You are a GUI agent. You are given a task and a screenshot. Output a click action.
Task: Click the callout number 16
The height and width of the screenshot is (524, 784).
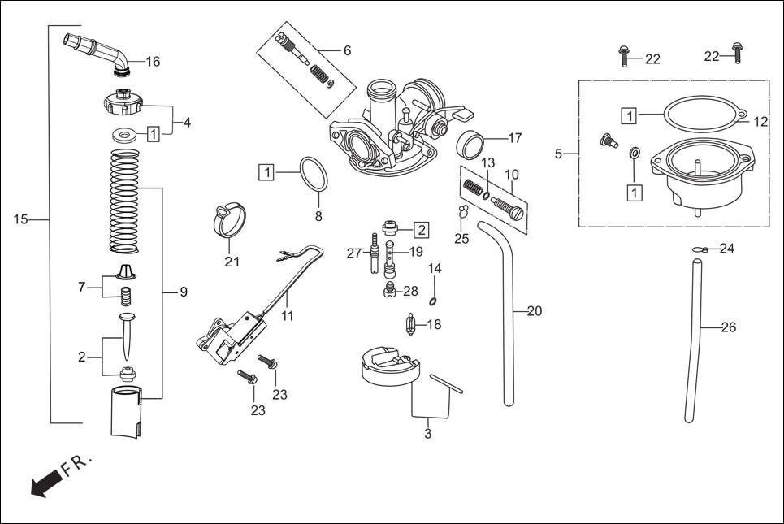(153, 62)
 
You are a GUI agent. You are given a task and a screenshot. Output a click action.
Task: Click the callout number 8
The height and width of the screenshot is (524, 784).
(318, 217)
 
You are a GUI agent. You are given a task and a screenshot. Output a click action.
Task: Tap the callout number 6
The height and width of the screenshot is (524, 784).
(347, 50)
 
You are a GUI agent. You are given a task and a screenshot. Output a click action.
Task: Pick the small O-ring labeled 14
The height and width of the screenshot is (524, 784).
(433, 301)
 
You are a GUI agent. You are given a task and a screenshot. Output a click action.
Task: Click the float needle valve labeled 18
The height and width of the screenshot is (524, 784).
(412, 324)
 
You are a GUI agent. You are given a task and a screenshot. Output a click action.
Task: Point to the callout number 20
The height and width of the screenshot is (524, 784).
(534, 311)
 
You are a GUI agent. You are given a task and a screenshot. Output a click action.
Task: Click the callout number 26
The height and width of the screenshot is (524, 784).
(729, 328)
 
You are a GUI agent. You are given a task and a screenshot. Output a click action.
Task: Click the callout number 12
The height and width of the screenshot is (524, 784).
(760, 122)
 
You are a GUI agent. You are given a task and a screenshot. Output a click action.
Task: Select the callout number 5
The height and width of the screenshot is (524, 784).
(558, 154)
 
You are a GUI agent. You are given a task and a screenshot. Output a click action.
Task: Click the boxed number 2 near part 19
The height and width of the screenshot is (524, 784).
(422, 229)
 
